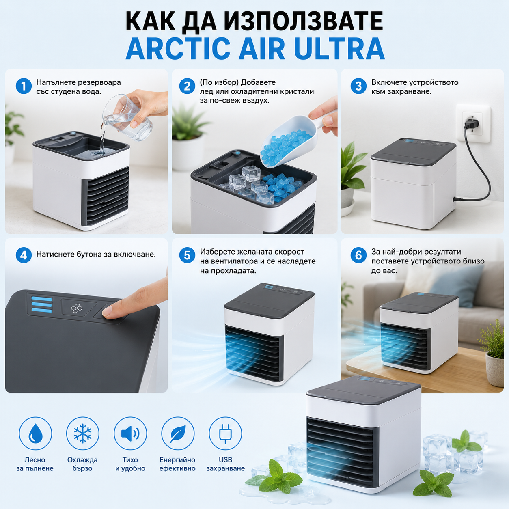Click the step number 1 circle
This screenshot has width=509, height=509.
tap(24, 86)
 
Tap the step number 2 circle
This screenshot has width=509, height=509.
tap(187, 86)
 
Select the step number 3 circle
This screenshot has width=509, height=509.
tap(358, 86)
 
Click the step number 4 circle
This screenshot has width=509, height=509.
tap(24, 255)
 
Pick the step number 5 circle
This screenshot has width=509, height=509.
tap(187, 255)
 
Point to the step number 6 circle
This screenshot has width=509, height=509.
tap(358, 255)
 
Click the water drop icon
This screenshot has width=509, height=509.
tap(35, 434)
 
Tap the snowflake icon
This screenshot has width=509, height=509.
tap(83, 434)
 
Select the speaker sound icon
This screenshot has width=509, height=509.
tap(130, 434)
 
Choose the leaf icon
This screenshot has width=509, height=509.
tap(178, 434)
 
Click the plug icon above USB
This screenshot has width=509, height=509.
tap(225, 434)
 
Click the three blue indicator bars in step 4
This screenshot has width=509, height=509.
tap(41, 304)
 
